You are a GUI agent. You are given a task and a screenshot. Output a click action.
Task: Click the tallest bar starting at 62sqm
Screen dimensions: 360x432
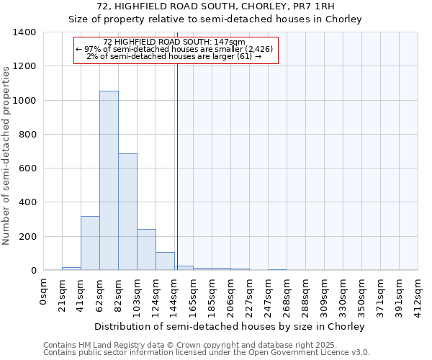[x=109, y=181]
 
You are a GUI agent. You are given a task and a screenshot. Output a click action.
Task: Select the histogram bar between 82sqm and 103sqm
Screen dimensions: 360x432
[x=127, y=212]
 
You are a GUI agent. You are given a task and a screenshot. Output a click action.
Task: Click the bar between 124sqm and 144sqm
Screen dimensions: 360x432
[x=165, y=261]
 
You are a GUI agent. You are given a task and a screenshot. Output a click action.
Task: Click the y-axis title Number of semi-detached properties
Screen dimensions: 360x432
[x=7, y=155]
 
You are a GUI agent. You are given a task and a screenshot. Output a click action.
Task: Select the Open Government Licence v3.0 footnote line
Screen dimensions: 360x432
[x=206, y=352]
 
